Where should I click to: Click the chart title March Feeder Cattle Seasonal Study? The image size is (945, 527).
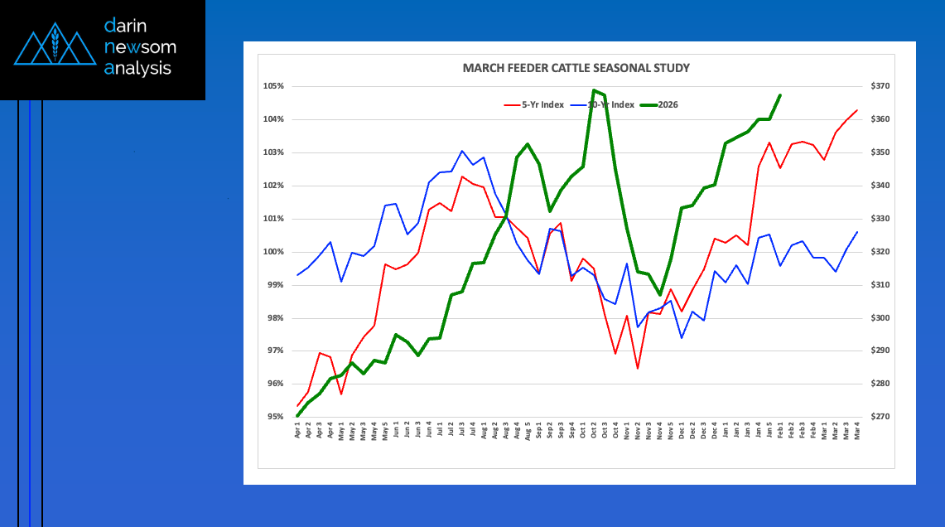click(x=576, y=68)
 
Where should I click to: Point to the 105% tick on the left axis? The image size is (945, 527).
click(x=274, y=86)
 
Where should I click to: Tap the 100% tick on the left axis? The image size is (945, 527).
click(x=274, y=252)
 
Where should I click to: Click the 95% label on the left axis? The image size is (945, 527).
click(x=276, y=417)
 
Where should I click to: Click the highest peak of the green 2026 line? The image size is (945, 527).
click(x=595, y=90)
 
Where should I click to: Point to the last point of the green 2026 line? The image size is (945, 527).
click(x=780, y=95)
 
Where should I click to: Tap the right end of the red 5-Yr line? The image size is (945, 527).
click(x=856, y=110)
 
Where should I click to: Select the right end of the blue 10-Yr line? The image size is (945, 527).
click(x=856, y=232)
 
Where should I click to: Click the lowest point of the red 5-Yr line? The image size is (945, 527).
click(x=638, y=368)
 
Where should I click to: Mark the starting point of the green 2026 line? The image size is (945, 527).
click(x=297, y=416)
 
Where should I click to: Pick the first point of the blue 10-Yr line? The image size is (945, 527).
click(x=297, y=275)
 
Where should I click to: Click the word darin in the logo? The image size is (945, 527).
click(x=126, y=26)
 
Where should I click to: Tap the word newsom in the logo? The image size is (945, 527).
click(x=140, y=47)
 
